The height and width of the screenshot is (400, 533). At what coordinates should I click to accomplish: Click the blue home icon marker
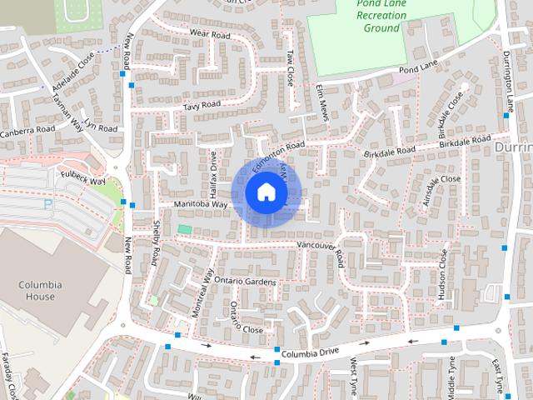pos(266,192)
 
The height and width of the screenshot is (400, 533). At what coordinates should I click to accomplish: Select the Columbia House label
pos(40,290)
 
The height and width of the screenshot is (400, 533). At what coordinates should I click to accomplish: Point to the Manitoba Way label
pos(201,204)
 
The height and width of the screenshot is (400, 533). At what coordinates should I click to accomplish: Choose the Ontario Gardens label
pos(244,282)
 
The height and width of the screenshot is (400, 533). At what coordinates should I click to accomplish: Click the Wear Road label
pos(209,35)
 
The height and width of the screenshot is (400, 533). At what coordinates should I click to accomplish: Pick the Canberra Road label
pos(27,131)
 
